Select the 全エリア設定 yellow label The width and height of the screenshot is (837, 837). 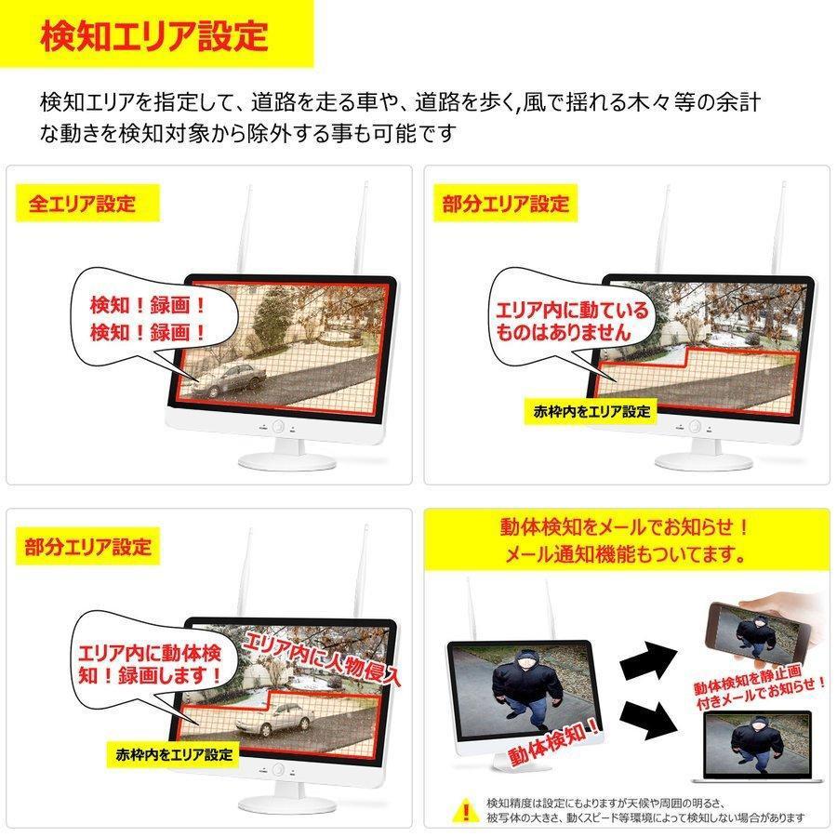pyautogui.click(x=82, y=204)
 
